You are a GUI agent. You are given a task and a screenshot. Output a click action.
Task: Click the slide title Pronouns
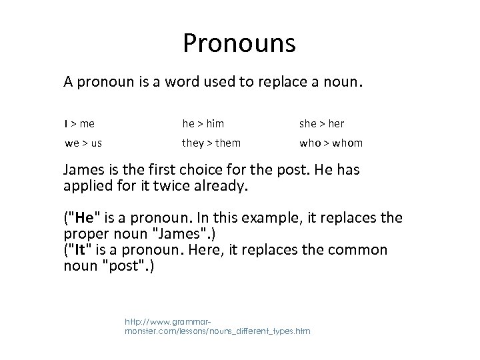pyautogui.click(x=239, y=45)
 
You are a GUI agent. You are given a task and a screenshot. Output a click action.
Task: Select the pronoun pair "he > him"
pyautogui.click(x=203, y=123)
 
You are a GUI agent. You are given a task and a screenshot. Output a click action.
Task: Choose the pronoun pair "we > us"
pyautogui.click(x=83, y=143)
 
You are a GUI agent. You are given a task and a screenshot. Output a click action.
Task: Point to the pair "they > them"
pyautogui.click(x=211, y=143)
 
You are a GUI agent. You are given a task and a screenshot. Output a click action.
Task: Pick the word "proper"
pyautogui.click(x=84, y=235)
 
